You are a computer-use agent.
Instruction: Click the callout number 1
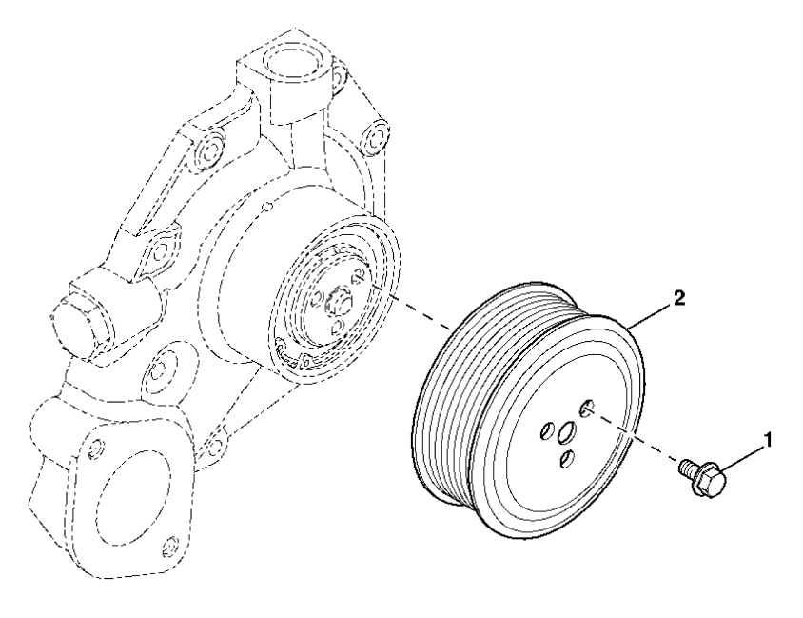point(767,442)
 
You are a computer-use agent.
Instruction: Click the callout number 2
point(678,298)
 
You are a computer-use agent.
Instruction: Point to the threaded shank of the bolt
point(687,468)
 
